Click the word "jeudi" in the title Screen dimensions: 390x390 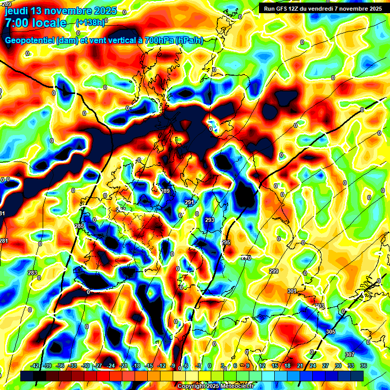16,11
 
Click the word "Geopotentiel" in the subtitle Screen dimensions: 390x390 30,41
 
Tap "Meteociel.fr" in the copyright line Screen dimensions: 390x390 237,386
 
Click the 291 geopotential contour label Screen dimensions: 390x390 189,202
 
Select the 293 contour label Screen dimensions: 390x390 210,220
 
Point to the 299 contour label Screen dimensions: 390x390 274,271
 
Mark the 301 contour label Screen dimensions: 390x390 291,291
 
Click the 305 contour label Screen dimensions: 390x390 331,332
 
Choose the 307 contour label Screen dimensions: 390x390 349,354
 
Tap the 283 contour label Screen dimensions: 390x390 32,273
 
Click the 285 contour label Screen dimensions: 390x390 79,226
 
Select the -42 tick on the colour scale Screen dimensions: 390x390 36,365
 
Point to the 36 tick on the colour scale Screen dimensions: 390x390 364,365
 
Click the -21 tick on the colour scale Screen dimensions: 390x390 123,365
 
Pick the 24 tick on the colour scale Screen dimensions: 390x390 313,365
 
